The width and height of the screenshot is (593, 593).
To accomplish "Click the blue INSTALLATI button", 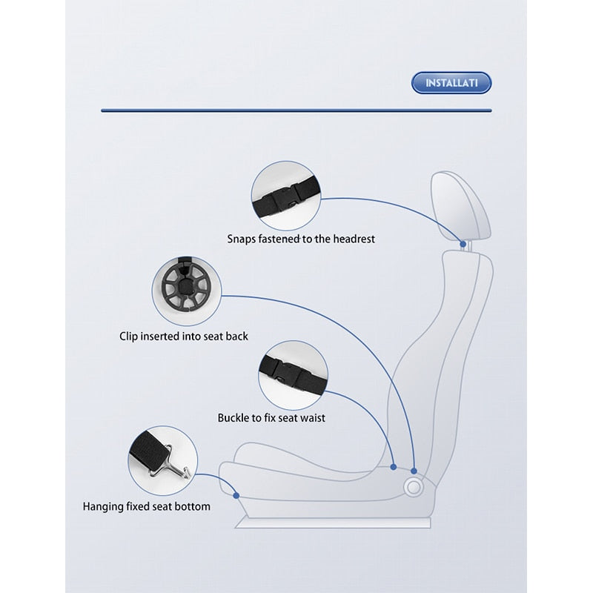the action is [x=451, y=83].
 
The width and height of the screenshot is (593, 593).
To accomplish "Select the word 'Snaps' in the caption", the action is [x=242, y=239].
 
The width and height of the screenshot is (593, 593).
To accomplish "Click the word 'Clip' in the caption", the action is [x=128, y=337].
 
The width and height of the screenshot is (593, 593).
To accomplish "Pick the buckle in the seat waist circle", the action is [x=287, y=372].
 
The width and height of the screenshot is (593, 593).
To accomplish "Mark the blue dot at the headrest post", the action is [x=463, y=244].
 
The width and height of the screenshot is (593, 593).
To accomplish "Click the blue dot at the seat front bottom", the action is [x=236, y=495].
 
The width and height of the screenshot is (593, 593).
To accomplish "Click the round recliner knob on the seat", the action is [x=413, y=488].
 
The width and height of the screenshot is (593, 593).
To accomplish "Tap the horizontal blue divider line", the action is [x=296, y=110].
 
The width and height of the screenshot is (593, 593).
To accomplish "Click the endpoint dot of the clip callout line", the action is [x=414, y=471].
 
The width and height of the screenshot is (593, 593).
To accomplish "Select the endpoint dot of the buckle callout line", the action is [x=394, y=467].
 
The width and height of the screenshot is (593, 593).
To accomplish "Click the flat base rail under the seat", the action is [x=333, y=523].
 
